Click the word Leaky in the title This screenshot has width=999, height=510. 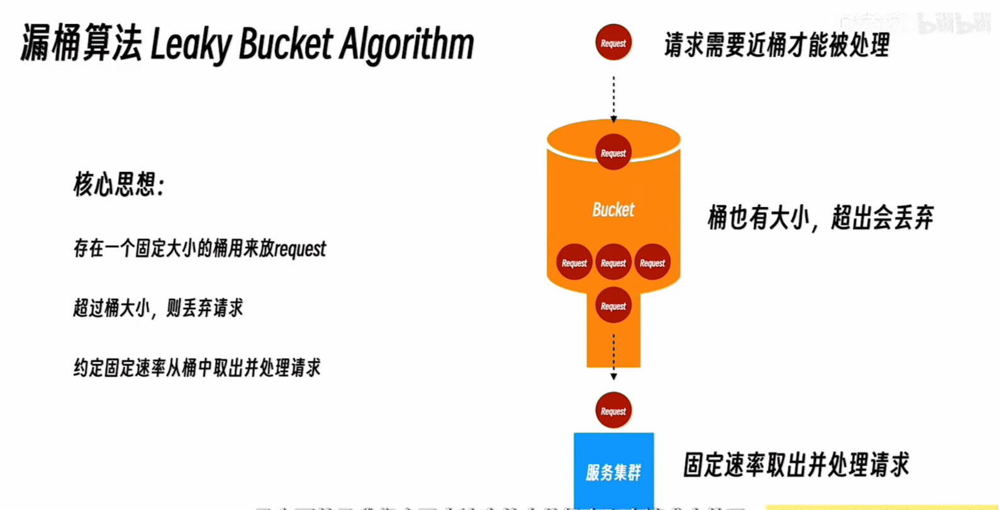tap(190, 45)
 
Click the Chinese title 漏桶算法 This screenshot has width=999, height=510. tap(81, 44)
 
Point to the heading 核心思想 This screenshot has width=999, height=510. tap(118, 184)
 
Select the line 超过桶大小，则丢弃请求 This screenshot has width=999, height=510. tap(158, 308)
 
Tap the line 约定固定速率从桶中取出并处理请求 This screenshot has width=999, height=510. tap(197, 368)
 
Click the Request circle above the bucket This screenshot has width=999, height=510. tap(613, 43)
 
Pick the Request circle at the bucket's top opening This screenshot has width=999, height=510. tap(613, 152)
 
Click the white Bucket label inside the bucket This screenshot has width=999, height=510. tap(613, 210)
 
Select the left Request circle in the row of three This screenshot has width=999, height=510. tap(574, 263)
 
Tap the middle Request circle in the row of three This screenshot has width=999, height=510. tap(613, 263)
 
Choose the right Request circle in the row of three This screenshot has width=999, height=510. tap(652, 263)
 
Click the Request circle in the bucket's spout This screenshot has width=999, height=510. tap(613, 305)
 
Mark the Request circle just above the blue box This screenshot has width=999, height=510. tap(613, 411)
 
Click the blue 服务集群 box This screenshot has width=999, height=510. tap(613, 470)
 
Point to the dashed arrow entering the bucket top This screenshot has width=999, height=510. tap(613, 98)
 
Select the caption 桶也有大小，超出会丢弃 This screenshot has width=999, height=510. tap(820, 218)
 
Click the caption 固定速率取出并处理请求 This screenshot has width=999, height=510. tap(796, 465)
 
